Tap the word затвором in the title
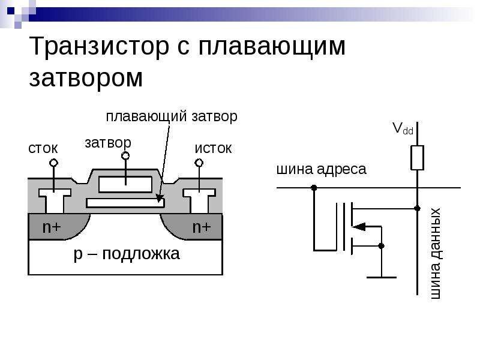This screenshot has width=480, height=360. point(86,79)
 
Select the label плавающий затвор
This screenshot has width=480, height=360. point(172,116)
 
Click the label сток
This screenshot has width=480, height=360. point(43,148)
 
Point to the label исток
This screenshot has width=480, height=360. point(212,148)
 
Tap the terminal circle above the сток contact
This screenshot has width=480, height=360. point(53,163)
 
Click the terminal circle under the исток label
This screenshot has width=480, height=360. point(199,163)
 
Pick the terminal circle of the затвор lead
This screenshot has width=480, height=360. point(125,156)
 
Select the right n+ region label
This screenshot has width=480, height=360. point(201,227)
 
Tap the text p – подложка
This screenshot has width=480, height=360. point(126,254)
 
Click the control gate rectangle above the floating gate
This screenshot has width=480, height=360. point(125,184)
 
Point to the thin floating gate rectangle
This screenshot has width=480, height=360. point(125,203)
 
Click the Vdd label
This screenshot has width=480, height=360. point(403,128)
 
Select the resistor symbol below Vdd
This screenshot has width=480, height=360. point(417,158)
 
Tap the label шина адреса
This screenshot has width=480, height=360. point(320,169)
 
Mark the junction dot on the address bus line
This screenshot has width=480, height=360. point(313,188)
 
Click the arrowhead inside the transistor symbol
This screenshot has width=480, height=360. point(358,226)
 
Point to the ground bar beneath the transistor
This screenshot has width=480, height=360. point(381,277)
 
